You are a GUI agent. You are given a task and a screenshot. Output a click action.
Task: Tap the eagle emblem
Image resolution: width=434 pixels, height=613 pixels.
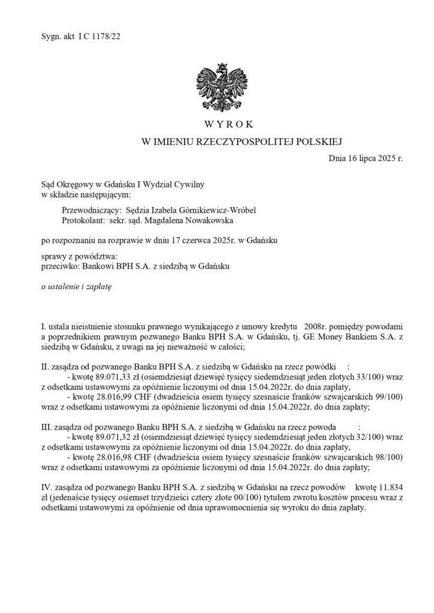pos(217,86)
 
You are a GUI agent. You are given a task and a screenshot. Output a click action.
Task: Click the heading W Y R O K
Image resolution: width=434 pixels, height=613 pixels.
pos(217,125)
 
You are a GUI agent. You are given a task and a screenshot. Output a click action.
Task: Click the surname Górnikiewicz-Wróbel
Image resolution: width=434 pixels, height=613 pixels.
pos(195,210)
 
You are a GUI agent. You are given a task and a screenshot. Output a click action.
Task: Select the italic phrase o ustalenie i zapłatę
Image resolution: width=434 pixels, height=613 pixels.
pos(76,287)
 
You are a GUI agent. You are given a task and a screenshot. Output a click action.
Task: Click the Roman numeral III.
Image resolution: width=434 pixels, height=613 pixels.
pos(46,428)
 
